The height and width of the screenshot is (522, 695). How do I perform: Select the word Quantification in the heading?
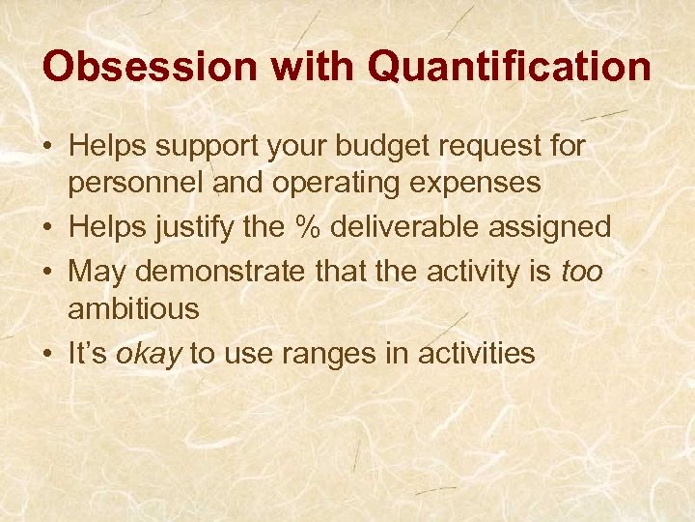[x=510, y=67]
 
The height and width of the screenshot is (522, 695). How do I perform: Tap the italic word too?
[x=581, y=272]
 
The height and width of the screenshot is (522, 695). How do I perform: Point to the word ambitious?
[x=133, y=309]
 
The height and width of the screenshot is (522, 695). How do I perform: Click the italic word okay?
[x=149, y=354]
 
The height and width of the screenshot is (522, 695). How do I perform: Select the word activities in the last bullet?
[x=476, y=354]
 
